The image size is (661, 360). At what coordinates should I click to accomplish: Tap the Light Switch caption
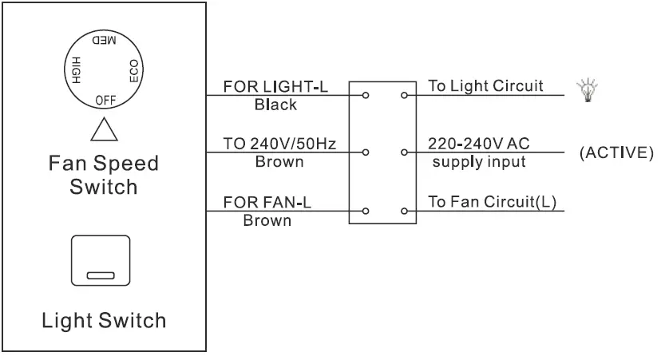(105, 321)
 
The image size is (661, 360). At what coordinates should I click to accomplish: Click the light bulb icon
(592, 89)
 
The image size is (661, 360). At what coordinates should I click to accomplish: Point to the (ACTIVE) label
(615, 152)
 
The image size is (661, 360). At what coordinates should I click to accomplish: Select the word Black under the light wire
(275, 105)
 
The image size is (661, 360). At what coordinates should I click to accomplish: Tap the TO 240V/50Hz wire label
(280, 144)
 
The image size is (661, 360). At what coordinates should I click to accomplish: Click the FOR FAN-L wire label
(267, 202)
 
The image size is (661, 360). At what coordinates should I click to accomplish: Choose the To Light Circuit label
(485, 86)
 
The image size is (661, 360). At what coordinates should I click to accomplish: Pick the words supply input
(479, 162)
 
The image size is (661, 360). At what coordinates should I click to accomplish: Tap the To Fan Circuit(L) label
(492, 202)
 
